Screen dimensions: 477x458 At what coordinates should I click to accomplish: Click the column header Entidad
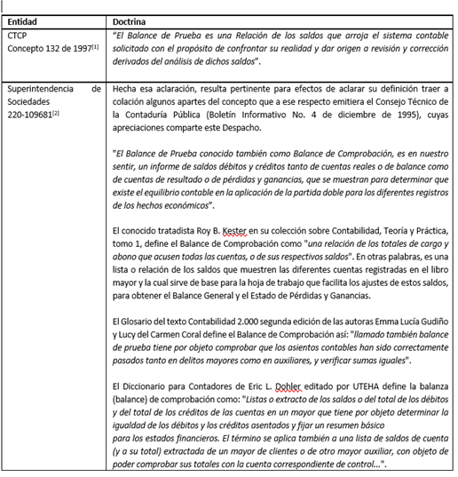click(24, 20)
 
